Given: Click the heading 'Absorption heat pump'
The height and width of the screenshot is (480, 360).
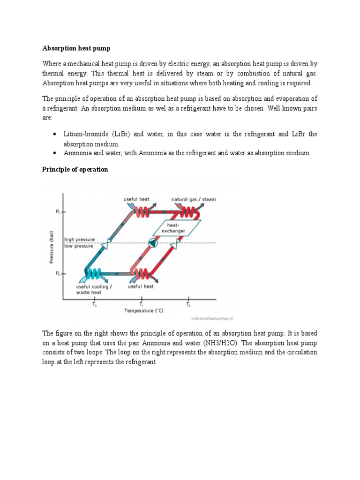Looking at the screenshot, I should point(76,48).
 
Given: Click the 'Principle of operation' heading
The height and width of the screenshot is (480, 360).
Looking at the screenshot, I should point(75,169).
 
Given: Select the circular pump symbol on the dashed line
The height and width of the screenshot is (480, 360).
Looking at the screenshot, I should point(152,243).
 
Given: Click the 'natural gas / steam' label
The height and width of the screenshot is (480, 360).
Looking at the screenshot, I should point(193,199).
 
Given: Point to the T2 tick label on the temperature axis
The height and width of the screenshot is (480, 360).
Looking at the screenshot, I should point(188,304).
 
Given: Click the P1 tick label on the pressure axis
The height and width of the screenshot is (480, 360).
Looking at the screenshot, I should point(58,212).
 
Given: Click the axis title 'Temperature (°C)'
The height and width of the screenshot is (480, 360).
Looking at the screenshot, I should point(143,310).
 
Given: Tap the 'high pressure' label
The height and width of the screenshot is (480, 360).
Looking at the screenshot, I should point(81,239).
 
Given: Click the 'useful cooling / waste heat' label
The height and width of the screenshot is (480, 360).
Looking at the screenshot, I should point(94,289).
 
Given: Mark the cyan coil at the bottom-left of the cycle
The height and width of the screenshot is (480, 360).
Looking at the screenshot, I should point(95,273).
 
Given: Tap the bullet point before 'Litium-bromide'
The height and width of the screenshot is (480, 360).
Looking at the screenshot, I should point(55,134).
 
